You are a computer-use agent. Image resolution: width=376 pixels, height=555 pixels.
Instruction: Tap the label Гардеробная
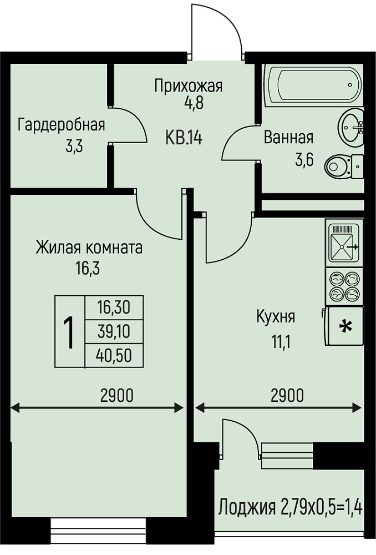tap(62, 125)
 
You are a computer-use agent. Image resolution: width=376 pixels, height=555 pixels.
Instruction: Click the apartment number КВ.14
tap(183, 138)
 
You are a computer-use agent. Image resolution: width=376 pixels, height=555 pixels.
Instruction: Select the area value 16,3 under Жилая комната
tap(88, 269)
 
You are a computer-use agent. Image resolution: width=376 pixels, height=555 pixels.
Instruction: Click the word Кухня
tap(276, 317)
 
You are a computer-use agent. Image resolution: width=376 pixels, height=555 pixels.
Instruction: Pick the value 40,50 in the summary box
tap(114, 355)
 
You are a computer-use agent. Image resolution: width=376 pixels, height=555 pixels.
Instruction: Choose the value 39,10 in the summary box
tap(114, 332)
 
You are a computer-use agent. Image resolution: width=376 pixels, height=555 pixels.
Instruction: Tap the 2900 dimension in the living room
tap(117, 395)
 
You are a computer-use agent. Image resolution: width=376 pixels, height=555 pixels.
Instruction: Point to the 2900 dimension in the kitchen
tap(287, 395)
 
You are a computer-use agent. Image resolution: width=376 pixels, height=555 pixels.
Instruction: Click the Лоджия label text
tap(247, 508)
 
